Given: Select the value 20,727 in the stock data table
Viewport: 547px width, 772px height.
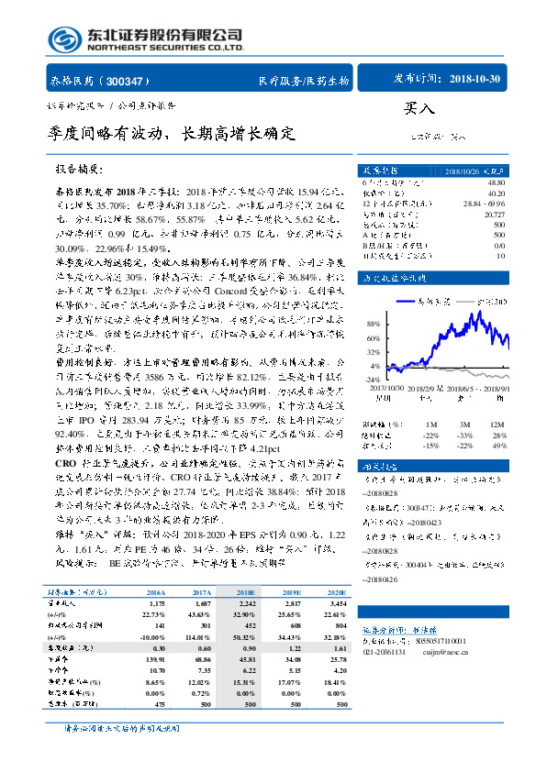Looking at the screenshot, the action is coord(493,212).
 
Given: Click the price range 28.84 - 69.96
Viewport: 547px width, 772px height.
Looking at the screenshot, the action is coord(485,203).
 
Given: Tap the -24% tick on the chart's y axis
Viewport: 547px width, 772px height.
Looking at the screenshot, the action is coord(374,379).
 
